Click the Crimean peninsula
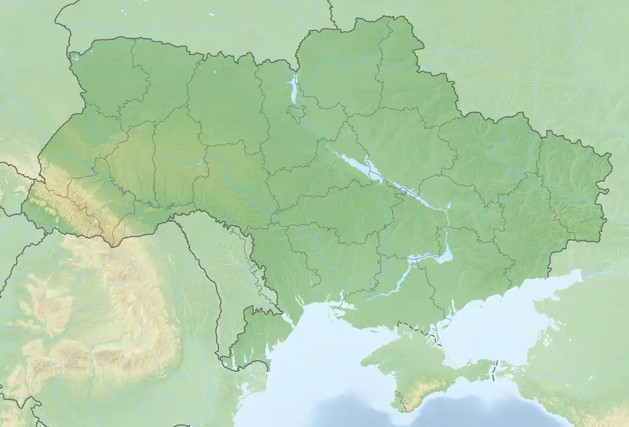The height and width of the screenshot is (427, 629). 419,367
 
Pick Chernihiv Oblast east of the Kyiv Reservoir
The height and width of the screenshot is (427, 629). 341,72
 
